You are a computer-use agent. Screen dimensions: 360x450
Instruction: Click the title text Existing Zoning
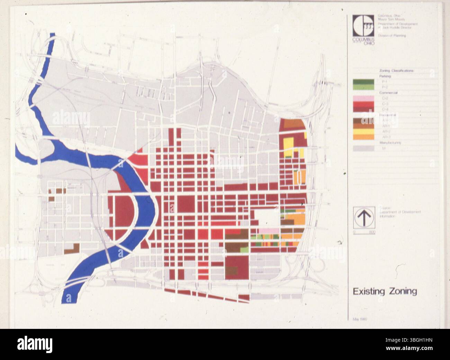click(x=385, y=291)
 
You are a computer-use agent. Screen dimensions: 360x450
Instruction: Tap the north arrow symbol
click(x=364, y=217)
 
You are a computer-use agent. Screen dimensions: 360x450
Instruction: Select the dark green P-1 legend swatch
click(x=363, y=82)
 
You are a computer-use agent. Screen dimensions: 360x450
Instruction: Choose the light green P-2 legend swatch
click(x=363, y=87)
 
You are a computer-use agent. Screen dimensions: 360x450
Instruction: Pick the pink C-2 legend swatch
click(x=363, y=99)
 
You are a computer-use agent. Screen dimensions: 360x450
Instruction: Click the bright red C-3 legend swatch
click(x=363, y=104)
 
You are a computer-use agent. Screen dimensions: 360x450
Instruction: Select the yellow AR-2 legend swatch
click(x=363, y=131)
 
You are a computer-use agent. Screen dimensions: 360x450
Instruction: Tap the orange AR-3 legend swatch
click(x=363, y=137)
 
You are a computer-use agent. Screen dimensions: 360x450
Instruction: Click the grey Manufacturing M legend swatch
click(x=363, y=148)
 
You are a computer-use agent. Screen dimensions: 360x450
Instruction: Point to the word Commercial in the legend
click(x=388, y=93)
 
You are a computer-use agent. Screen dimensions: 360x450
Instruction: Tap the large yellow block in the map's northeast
click(x=288, y=144)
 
